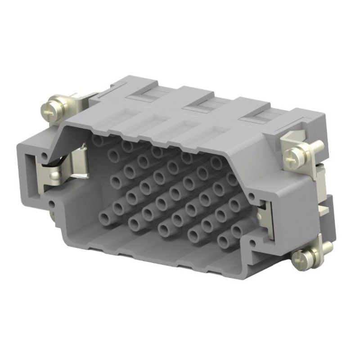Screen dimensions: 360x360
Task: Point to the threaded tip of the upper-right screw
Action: click(318, 145)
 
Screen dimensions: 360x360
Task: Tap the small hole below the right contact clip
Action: click(256, 245)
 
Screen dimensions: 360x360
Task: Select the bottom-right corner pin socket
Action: click(223, 242)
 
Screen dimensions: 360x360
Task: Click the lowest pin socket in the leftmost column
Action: click(118, 207)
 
